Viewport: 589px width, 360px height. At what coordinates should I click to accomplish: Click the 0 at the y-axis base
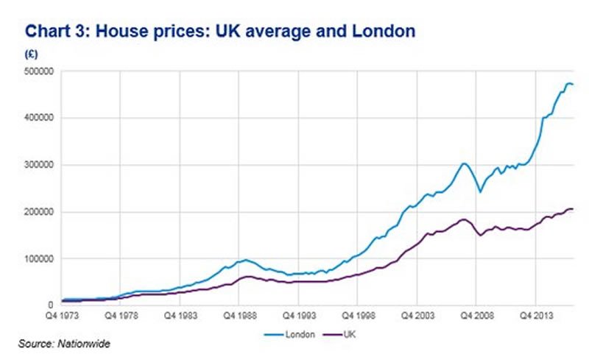tap(56, 305)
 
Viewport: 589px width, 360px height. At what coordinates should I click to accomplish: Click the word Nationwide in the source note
tap(91, 342)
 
